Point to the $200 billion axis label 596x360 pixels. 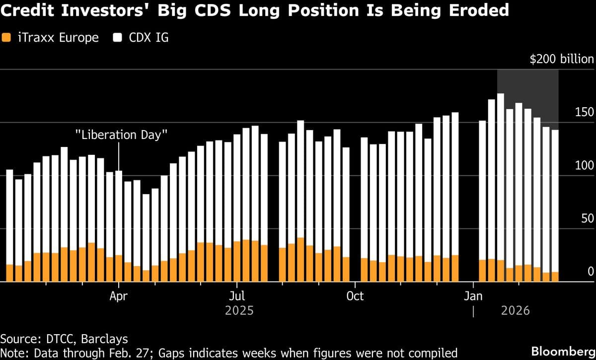[561, 60]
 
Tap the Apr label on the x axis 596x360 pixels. [119, 296]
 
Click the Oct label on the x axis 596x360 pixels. [355, 296]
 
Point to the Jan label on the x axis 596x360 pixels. [473, 296]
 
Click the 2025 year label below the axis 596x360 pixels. [239, 311]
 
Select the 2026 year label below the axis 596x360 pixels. [515, 311]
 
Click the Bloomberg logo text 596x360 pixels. [563, 351]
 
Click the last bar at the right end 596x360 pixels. [555, 199]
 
